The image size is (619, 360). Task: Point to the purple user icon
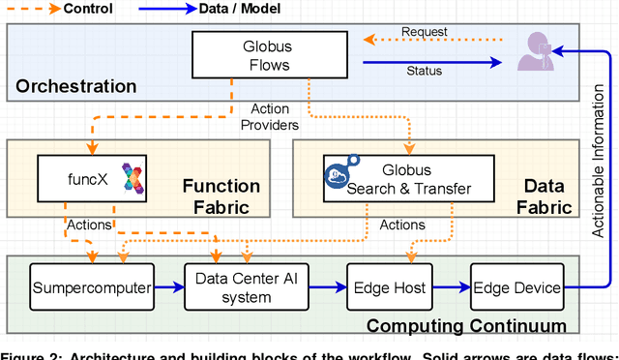(534, 51)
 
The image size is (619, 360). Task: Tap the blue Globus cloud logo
(340, 171)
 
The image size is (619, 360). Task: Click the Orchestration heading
(76, 87)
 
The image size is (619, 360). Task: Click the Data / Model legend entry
(224, 9)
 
